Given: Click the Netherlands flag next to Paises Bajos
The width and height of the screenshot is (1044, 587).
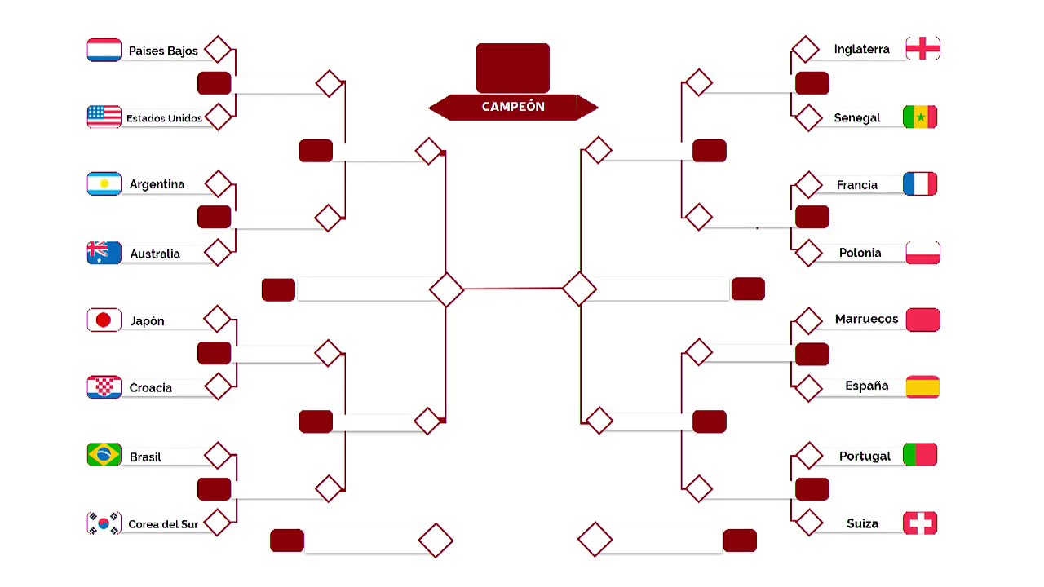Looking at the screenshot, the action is click(104, 50).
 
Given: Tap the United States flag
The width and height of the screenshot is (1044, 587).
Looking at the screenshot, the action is click(104, 117).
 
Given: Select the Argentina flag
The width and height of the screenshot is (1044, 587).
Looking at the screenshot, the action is click(104, 183).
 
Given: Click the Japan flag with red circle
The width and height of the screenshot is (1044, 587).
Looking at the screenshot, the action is click(104, 320).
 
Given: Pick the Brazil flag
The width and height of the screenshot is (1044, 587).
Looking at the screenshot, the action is click(104, 454).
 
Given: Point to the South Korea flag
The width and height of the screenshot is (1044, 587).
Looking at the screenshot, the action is click(104, 523).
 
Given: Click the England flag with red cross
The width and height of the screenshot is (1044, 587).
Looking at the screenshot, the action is click(922, 48).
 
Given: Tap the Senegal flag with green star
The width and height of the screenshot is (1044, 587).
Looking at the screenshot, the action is click(920, 117).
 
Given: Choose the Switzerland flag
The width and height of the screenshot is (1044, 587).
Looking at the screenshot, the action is click(920, 523).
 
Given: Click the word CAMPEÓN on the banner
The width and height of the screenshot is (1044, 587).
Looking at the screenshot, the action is click(513, 107).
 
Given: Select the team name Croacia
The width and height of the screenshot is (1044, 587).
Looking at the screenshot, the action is click(151, 387).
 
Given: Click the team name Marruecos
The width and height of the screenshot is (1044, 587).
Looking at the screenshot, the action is click(866, 319).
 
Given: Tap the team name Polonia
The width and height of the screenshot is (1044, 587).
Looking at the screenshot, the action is click(860, 253).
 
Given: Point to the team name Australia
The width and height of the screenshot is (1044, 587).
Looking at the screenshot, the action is click(155, 254).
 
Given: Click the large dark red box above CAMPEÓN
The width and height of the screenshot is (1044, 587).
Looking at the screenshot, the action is click(513, 68).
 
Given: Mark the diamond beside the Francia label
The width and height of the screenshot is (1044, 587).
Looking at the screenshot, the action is click(808, 185).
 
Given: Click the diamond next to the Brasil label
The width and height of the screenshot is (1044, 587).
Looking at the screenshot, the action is click(218, 455).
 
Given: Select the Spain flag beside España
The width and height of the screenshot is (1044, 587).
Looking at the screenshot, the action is click(922, 386).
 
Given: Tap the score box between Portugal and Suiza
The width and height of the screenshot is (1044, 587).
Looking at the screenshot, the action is click(812, 489).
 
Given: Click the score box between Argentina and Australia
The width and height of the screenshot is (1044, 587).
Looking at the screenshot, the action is click(215, 217).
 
